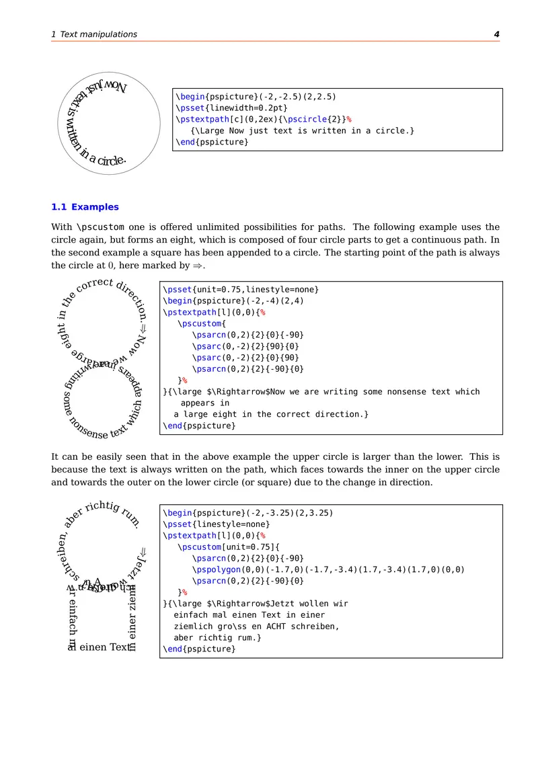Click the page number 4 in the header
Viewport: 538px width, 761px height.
tap(496, 34)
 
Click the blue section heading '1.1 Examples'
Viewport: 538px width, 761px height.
tap(85, 207)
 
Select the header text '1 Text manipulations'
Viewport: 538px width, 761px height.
tap(94, 34)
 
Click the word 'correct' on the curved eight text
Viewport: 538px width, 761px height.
tap(94, 285)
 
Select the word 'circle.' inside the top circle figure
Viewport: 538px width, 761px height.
tap(112, 161)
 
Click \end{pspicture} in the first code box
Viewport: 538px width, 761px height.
tap(212, 142)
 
